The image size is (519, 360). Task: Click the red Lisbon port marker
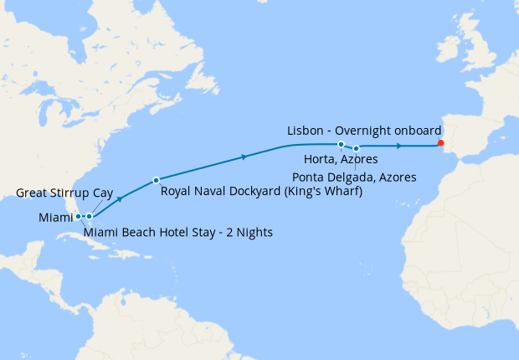440,143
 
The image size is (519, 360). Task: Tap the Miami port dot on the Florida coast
78,216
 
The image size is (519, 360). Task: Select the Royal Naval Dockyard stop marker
156,180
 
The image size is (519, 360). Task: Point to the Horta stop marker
341,145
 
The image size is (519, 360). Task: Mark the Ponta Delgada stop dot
357,148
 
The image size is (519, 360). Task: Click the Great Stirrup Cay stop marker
89,216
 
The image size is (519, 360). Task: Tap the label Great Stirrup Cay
64,193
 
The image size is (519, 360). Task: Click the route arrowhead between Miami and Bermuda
121,198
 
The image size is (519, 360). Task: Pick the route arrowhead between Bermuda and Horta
244,157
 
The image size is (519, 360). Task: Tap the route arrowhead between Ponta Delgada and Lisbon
399,146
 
